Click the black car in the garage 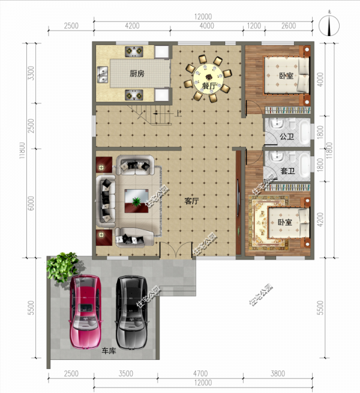(x=131, y=311)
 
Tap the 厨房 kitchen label (x=137, y=75)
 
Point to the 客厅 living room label (x=191, y=201)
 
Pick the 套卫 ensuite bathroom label (x=287, y=171)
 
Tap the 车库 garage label (x=109, y=353)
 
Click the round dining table (x=209, y=76)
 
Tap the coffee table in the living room (x=137, y=197)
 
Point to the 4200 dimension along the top (x=131, y=26)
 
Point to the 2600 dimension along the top (x=289, y=26)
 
